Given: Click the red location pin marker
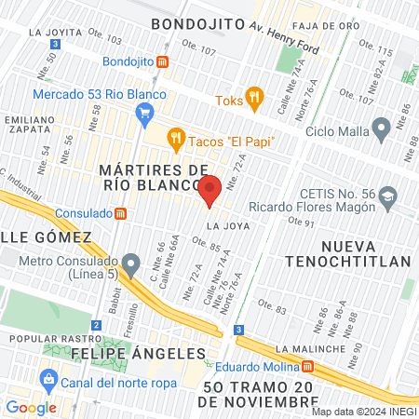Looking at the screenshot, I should [x=209, y=190].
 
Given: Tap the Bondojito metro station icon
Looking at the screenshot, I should [x=164, y=61].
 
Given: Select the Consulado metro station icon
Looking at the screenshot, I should [x=120, y=213].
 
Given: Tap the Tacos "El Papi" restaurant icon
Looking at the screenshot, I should [x=175, y=141].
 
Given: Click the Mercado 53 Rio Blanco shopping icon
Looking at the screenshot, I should [x=143, y=115].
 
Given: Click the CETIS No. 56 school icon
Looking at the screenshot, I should [x=387, y=197].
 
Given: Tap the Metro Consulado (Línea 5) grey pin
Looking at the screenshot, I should [x=133, y=262].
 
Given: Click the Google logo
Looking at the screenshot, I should [x=31, y=407].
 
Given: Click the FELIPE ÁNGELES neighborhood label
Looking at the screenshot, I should [x=136, y=354].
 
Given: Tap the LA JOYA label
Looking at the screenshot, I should [x=226, y=225].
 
